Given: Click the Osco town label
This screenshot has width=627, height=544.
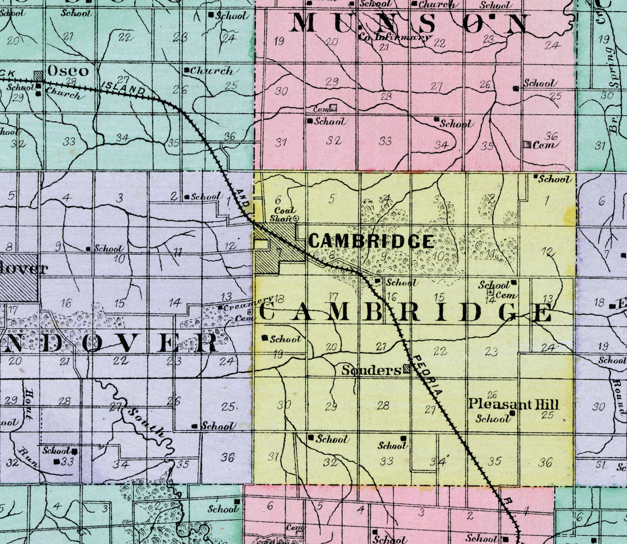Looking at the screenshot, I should click(68, 71).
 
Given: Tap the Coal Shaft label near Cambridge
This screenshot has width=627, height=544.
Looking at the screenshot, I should click(284, 214).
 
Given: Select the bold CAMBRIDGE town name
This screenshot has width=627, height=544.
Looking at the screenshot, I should click(370, 241).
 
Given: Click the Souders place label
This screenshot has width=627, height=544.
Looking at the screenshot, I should click(371, 370).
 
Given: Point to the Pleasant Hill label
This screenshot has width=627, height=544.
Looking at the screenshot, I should click(513, 404).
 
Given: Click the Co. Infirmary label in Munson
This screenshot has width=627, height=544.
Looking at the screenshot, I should click(395, 37).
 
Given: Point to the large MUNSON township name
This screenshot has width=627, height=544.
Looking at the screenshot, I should click(411, 24).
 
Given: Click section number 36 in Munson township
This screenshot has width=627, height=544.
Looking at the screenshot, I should click(551, 136).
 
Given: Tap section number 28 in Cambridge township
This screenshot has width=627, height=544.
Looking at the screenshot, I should click(383, 406).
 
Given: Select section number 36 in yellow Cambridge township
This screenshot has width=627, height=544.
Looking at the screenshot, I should click(545, 462).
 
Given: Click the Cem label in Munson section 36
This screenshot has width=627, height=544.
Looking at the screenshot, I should click(543, 145).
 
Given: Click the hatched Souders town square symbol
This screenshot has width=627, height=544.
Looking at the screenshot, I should click(407, 369).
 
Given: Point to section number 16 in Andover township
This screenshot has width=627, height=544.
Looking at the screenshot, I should click(66, 304).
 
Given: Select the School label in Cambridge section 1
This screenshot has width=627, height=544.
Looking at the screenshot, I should click(555, 179).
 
